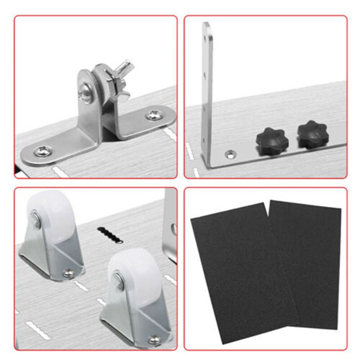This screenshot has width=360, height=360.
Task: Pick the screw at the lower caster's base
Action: coord(154,337)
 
